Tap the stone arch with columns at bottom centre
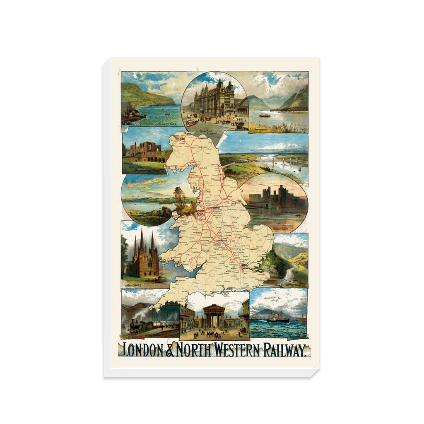tap(214, 316)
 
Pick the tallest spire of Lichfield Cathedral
tap(142, 240)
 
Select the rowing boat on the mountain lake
tap(265, 116)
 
